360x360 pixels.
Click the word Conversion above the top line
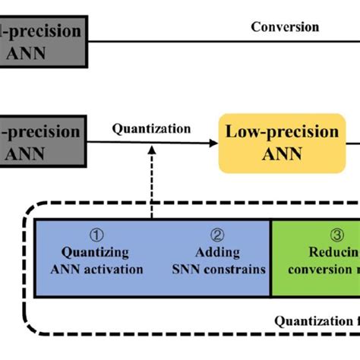pos(285,27)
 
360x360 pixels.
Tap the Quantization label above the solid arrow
pos(151,128)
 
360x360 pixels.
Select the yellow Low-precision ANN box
pos(282,144)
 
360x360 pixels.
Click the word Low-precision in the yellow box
pos(282,132)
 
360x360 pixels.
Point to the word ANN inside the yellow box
pos(282,154)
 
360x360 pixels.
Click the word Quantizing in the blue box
pos(95,252)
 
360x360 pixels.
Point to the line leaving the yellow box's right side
pos(354,143)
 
